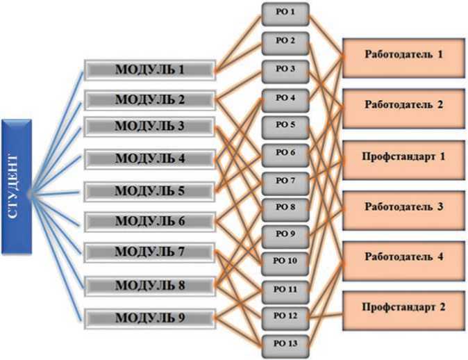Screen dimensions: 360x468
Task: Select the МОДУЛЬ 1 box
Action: point(149,69)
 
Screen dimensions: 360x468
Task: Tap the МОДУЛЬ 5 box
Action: point(149,190)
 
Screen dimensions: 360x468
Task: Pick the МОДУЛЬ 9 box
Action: point(149,318)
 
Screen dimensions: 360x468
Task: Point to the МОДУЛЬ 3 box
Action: point(149,127)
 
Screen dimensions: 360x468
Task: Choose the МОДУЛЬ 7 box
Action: point(149,250)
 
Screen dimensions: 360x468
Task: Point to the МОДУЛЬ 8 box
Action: point(149,284)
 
